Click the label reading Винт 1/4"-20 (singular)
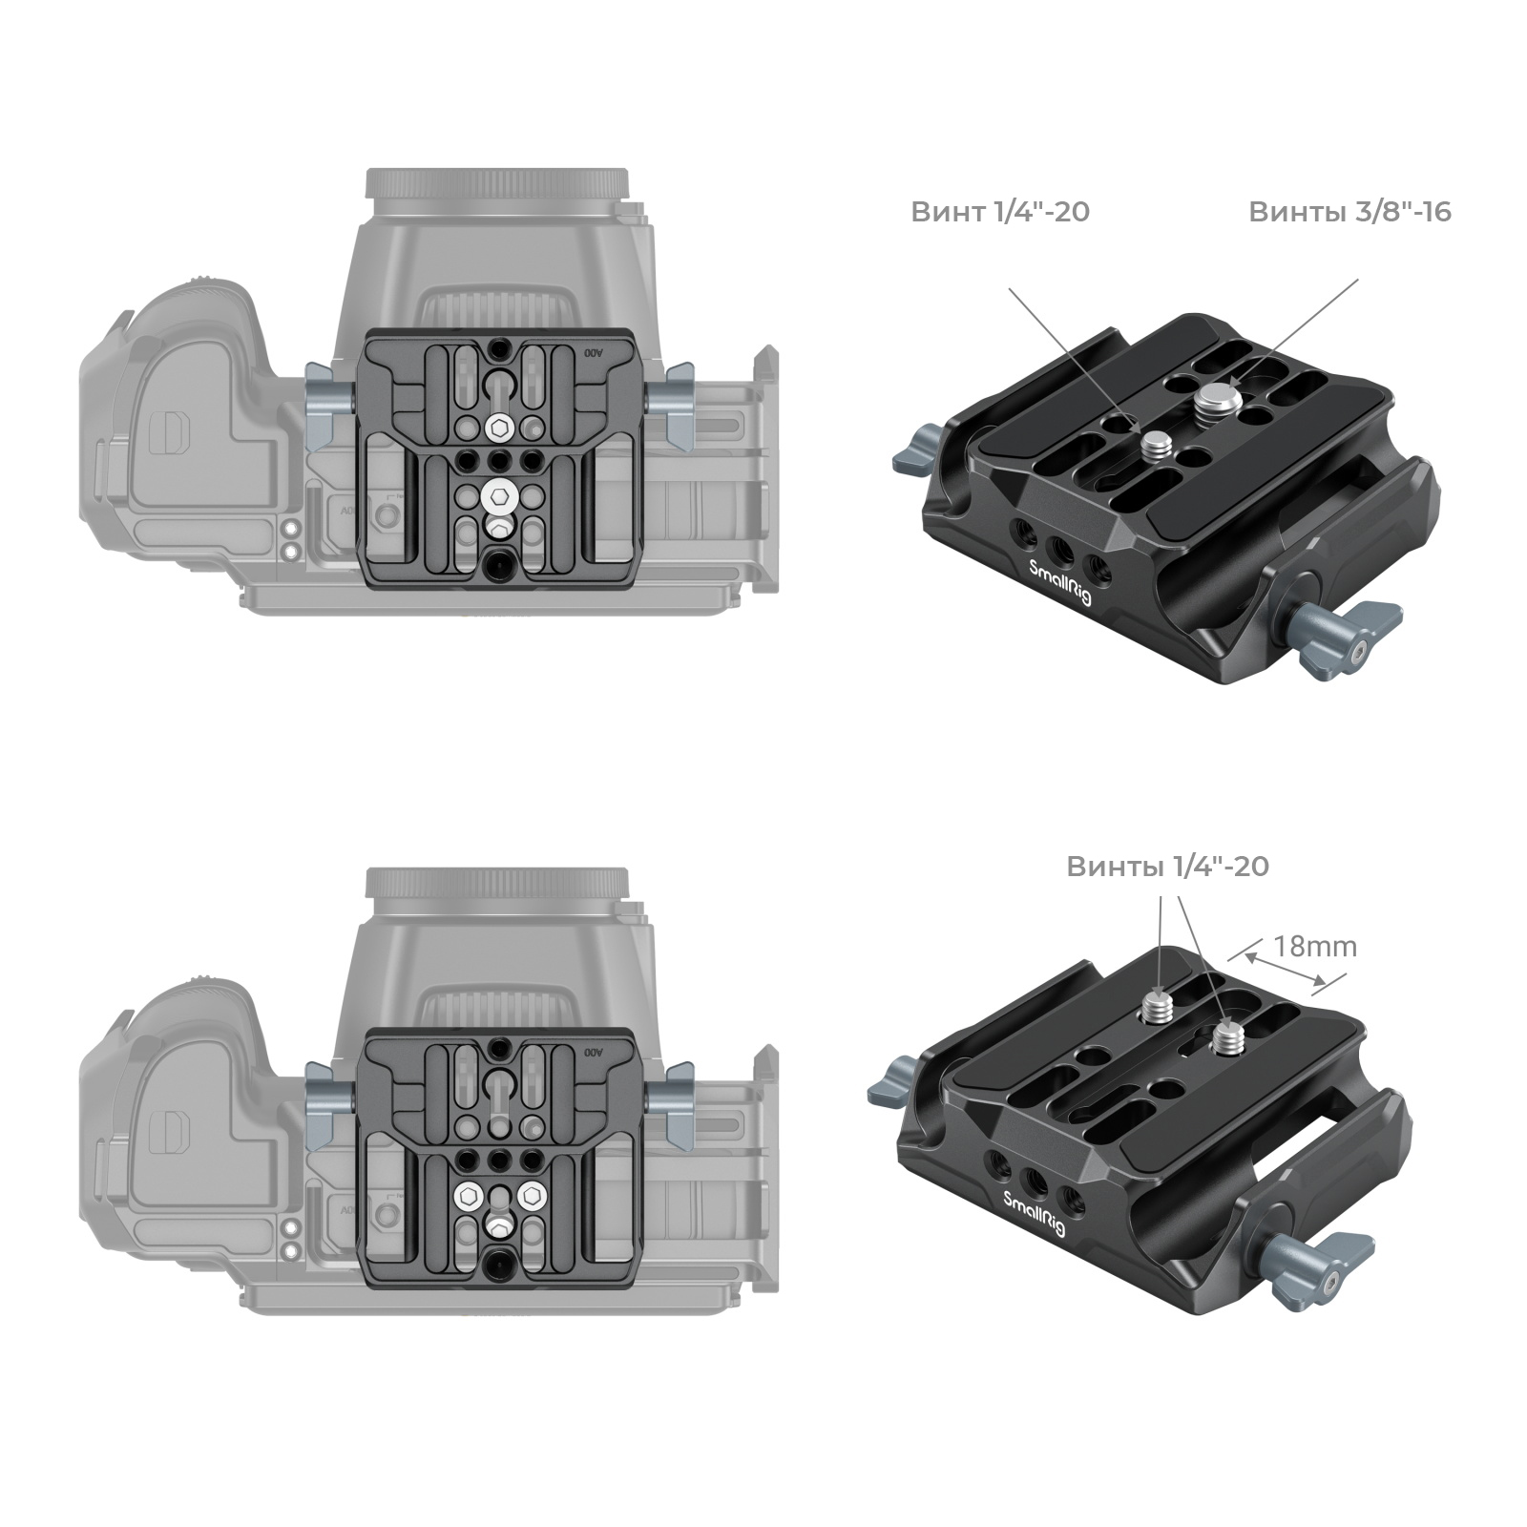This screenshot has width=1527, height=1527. [x=999, y=211]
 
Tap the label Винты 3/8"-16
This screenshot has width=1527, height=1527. [x=1349, y=211]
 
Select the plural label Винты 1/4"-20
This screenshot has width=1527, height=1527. [x=1167, y=866]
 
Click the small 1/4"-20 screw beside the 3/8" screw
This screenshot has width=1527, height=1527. [x=1157, y=441]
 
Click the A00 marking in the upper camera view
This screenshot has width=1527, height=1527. [x=594, y=353]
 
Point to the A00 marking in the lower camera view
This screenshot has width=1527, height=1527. [x=594, y=1052]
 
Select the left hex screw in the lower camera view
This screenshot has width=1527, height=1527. [x=469, y=1195]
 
